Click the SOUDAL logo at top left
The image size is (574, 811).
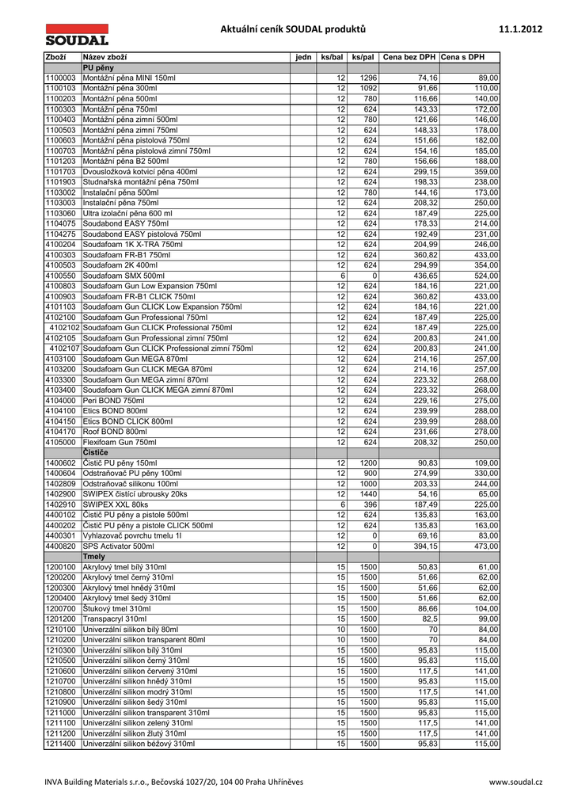click(x=76, y=35)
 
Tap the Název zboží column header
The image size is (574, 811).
click(x=105, y=57)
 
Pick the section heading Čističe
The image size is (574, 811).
click(x=96, y=451)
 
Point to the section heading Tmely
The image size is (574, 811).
click(x=94, y=557)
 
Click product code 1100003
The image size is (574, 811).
click(x=61, y=78)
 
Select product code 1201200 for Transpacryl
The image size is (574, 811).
click(x=61, y=619)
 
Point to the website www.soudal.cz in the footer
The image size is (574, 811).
click(x=515, y=782)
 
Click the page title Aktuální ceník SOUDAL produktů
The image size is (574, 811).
click(x=294, y=30)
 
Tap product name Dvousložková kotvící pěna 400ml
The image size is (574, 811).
click(x=140, y=171)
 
